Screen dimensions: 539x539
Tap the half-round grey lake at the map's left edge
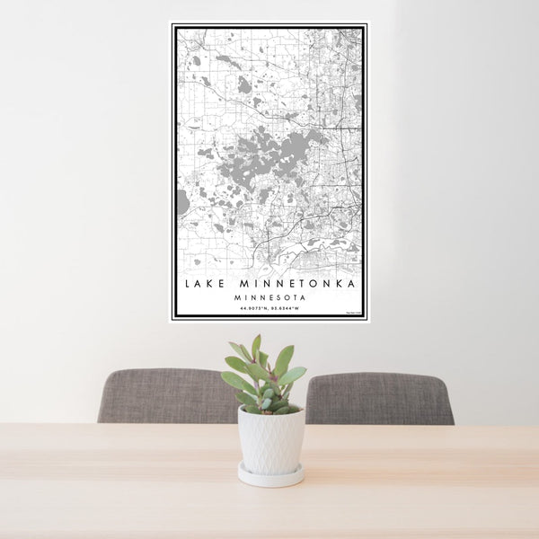(182, 202)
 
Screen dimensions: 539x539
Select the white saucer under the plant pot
(270, 475)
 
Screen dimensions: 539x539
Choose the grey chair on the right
(382, 398)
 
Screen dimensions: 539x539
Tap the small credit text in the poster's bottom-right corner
(354, 313)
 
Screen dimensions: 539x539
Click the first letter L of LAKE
(188, 284)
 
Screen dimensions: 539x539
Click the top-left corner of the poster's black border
(175, 28)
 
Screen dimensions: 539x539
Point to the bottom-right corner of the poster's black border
(365, 317)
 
